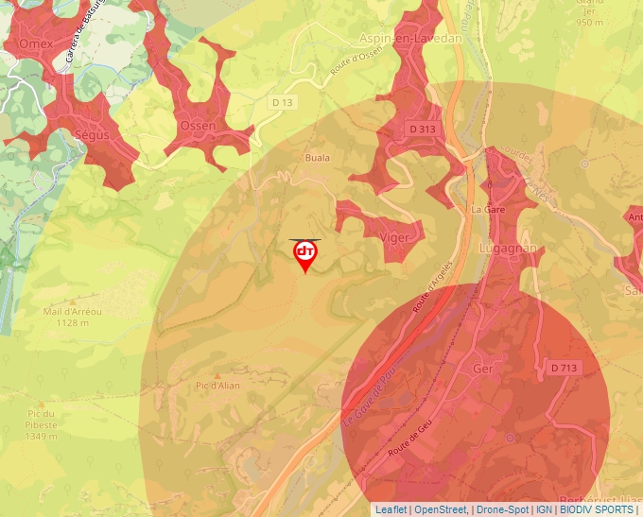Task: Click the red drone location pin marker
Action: coord(304,254)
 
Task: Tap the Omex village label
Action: coord(36,43)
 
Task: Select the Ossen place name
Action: coord(197,126)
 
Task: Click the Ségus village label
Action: coord(92,135)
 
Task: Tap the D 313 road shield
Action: coord(423,129)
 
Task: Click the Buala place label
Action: coord(317,158)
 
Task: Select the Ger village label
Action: coord(483,370)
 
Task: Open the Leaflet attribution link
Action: coord(391,509)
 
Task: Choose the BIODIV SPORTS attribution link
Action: coord(597,509)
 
